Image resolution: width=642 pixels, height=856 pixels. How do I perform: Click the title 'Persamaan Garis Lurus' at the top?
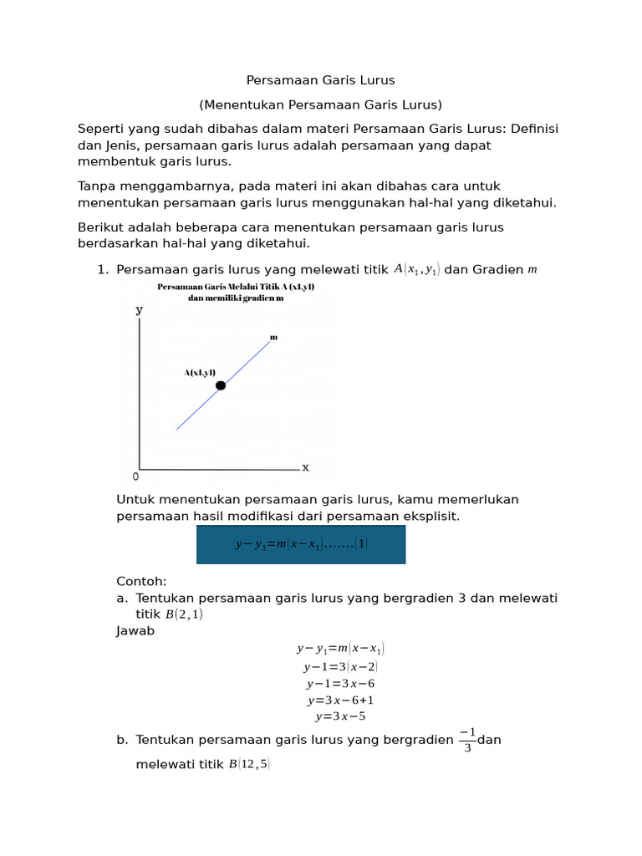(x=320, y=80)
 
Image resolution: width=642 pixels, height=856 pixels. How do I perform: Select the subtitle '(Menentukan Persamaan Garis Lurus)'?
(x=320, y=104)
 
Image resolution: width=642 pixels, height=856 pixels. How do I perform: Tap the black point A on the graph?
(x=221, y=385)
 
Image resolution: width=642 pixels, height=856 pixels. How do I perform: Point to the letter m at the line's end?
(x=273, y=337)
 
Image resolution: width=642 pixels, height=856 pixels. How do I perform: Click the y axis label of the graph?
(x=139, y=309)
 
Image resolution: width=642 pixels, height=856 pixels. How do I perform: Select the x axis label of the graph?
(x=305, y=467)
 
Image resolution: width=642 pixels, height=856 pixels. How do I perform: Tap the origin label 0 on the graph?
(x=136, y=476)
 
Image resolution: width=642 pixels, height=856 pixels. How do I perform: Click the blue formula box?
(x=301, y=544)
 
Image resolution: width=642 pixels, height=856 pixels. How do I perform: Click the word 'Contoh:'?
(x=141, y=581)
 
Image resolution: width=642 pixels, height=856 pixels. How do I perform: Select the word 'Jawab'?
(x=135, y=631)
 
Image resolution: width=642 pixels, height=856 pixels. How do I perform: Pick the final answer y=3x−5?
(x=340, y=716)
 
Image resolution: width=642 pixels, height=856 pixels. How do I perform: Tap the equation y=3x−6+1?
(x=340, y=700)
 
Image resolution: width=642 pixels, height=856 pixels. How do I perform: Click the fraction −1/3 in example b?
(x=467, y=740)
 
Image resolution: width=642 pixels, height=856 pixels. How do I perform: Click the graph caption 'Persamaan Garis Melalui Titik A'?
(x=236, y=287)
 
